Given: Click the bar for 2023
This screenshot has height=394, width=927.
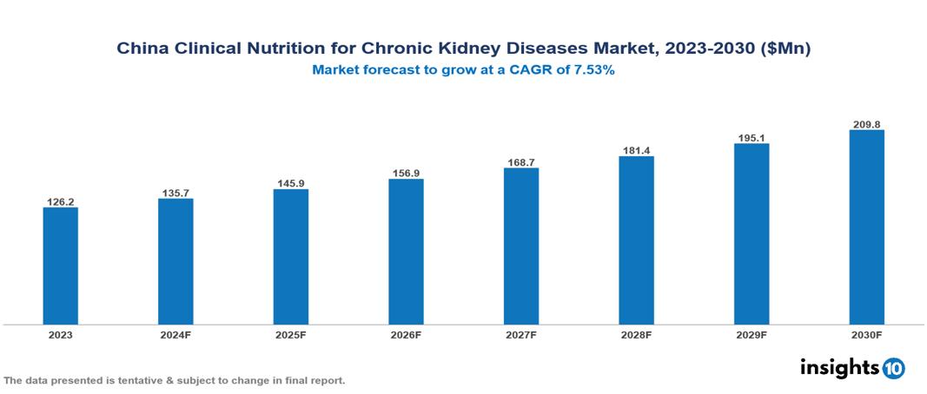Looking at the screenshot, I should point(60,266).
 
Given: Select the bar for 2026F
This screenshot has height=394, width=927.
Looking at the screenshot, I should point(406,252).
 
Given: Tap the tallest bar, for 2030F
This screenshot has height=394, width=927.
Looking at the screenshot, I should point(866,227).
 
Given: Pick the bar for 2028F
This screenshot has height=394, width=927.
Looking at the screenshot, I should point(636,240).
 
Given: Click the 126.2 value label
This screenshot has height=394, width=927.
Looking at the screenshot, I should point(60,201).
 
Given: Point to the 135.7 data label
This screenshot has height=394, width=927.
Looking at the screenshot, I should point(175,193).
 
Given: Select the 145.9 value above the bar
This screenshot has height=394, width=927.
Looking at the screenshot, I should point(290,183).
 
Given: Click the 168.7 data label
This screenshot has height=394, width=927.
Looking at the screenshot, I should point(520,161).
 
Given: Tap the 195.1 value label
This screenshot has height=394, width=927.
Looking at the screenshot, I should point(752,137).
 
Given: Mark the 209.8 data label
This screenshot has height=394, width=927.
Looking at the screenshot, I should point(866,124).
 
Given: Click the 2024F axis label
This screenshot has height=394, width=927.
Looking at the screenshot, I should point(175,334).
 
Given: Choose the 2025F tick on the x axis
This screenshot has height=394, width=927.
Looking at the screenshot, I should point(290,334).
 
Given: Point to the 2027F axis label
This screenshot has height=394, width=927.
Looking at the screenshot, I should point(520,334).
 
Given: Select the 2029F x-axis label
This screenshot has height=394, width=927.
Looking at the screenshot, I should point(752,334).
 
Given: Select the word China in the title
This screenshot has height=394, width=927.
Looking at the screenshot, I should point(142,49).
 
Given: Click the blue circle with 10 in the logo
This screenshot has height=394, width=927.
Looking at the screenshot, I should point(893,368).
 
